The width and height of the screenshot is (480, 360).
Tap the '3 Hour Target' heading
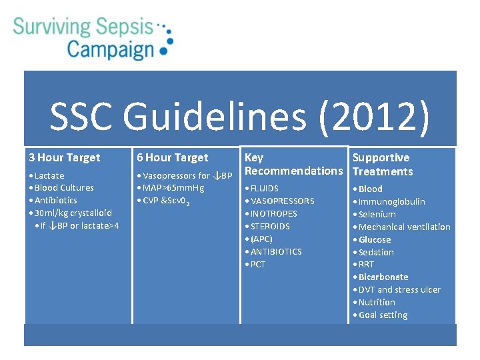[x=65, y=157]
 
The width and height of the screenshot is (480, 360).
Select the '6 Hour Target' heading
[x=173, y=157]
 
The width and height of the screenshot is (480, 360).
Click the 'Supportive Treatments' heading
[x=383, y=164]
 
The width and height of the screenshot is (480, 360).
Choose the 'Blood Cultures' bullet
[x=64, y=187]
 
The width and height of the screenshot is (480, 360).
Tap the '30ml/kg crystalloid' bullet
[x=73, y=213]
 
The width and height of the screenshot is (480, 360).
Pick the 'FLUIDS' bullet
[x=265, y=188]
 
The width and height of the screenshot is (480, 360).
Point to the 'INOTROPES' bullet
[x=274, y=213]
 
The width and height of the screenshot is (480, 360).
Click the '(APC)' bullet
[x=261, y=239]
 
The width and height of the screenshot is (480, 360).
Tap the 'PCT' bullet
[x=258, y=264]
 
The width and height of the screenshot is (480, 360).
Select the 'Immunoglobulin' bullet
[x=392, y=201]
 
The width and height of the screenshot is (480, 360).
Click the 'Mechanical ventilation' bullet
[x=405, y=227]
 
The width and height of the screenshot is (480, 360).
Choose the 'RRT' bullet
[x=367, y=264]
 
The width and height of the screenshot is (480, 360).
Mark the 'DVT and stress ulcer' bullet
[x=399, y=289]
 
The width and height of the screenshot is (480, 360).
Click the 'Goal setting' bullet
[x=383, y=315]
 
